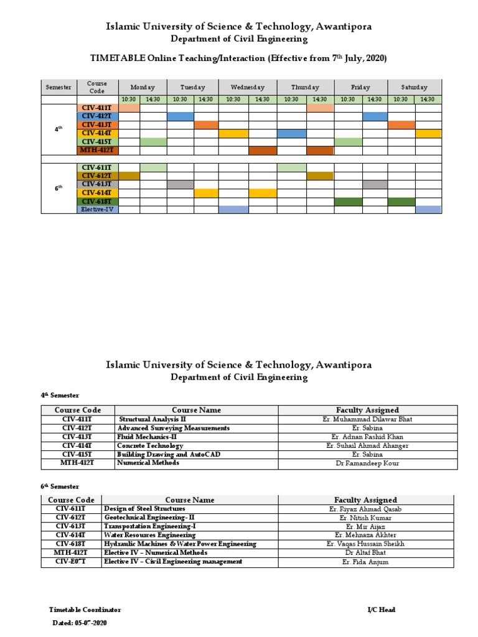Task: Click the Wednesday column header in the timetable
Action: (x=247, y=87)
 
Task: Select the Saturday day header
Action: (x=414, y=87)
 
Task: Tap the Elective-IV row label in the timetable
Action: (x=97, y=210)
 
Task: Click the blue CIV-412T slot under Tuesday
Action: (x=180, y=116)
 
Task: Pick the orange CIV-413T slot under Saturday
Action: (x=401, y=125)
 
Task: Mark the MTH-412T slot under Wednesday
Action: (x=263, y=151)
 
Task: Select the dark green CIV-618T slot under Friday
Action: (x=348, y=202)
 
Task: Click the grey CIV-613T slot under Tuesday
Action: (x=180, y=184)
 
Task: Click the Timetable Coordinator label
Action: (x=85, y=610)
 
